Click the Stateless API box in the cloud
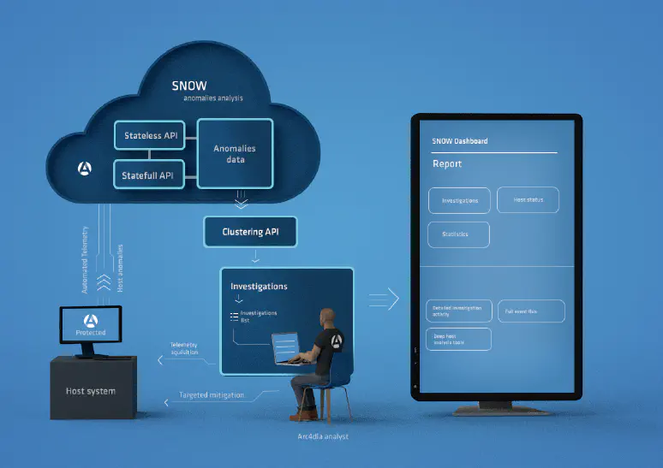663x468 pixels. (151, 136)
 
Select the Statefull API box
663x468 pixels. (149, 175)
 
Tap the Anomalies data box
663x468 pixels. (235, 154)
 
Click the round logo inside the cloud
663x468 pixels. (85, 168)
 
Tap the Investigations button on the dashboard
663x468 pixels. (459, 200)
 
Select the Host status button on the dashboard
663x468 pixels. (528, 199)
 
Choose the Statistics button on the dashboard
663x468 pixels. (458, 234)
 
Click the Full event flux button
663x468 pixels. (531, 311)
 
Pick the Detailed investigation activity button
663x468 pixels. (458, 311)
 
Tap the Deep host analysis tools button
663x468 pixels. (458, 339)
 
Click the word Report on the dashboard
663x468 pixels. (447, 163)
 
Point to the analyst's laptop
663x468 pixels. (286, 347)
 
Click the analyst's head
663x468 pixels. (327, 317)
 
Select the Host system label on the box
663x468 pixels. (90, 391)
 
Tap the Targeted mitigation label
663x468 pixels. (211, 395)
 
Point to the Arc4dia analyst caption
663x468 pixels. (318, 436)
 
